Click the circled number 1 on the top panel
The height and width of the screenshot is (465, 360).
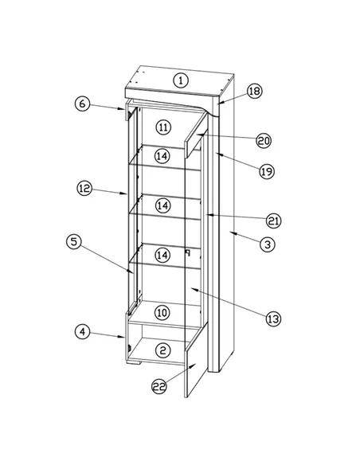[x=181, y=80]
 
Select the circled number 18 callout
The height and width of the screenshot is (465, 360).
[x=254, y=91]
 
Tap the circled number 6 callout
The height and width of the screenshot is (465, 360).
[x=82, y=104]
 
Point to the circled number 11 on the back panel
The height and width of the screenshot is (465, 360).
[x=163, y=127]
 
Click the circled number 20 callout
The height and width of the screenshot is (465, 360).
[x=264, y=141]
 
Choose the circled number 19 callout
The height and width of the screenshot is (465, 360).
[x=267, y=171]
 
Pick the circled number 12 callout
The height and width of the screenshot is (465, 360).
[x=84, y=189]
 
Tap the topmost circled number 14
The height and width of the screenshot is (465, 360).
[x=162, y=156]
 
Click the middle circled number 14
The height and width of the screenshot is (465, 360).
[x=162, y=205]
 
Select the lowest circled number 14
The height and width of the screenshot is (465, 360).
[x=162, y=255]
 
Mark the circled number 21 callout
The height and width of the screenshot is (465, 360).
[x=273, y=221]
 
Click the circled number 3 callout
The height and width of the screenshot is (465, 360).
[x=268, y=245]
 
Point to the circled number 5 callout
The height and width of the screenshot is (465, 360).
[x=74, y=242]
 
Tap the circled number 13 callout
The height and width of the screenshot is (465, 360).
[x=273, y=318]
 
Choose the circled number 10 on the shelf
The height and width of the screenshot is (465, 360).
[x=162, y=313]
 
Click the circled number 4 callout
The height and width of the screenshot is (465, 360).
[x=82, y=331]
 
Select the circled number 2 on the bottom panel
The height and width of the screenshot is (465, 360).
[x=162, y=350]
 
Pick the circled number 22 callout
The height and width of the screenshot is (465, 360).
[x=159, y=386]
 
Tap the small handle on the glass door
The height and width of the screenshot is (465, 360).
[x=187, y=252]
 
